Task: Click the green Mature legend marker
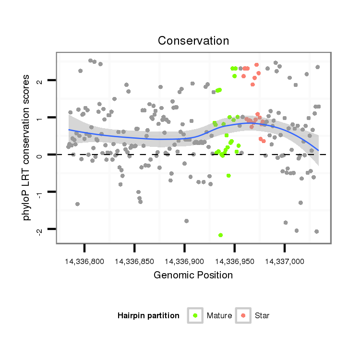[195, 315]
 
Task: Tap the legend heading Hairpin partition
[148, 316]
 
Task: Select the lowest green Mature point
[220, 235]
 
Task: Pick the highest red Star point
[257, 65]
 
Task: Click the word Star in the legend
[262, 316]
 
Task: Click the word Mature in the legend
[219, 316]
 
